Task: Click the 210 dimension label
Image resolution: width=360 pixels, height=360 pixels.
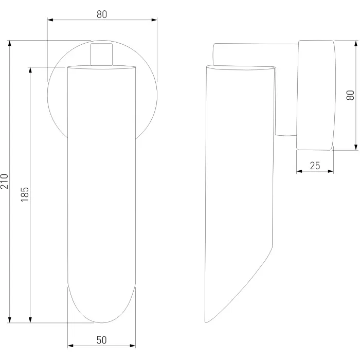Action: pyautogui.click(x=4, y=182)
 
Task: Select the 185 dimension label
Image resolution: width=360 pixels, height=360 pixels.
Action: pyautogui.click(x=25, y=194)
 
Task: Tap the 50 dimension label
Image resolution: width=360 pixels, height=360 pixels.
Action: pyautogui.click(x=101, y=340)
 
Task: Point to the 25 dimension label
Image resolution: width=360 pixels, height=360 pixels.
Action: pyautogui.click(x=315, y=166)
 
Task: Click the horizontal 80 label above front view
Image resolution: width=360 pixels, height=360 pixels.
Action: pyautogui.click(x=102, y=14)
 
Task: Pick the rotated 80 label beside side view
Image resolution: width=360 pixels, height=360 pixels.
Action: pyautogui.click(x=350, y=95)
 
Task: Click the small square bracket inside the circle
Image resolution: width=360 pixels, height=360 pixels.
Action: pyautogui.click(x=101, y=55)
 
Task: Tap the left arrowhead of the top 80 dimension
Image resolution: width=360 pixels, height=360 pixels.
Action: pyautogui.click(x=50, y=20)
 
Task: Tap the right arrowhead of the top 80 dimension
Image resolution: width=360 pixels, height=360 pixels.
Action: pyautogui.click(x=154, y=20)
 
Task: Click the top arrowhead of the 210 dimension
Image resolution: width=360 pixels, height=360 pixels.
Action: pyautogui.click(x=9, y=43)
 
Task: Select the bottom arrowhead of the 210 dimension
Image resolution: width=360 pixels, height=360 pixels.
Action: pyautogui.click(x=9, y=320)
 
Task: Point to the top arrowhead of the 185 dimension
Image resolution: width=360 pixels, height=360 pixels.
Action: pyautogui.click(x=30, y=70)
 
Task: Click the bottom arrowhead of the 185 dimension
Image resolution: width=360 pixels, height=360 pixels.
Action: pyautogui.click(x=30, y=320)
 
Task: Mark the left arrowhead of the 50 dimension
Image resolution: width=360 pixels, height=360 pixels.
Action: pyautogui.click(x=70, y=346)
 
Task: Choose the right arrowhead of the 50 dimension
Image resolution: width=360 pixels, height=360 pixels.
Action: pyautogui.click(x=133, y=346)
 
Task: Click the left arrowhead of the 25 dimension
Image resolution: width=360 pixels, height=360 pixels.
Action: pyautogui.click(x=299, y=171)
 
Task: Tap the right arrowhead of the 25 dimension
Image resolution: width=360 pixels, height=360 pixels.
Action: pyautogui.click(x=331, y=171)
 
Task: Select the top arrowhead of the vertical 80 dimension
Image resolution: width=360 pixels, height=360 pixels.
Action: pyautogui.click(x=356, y=43)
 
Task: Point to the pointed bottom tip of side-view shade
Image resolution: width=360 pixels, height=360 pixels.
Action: pyautogui.click(x=206, y=322)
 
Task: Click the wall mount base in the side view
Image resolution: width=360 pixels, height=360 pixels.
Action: pyautogui.click(x=316, y=95)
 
